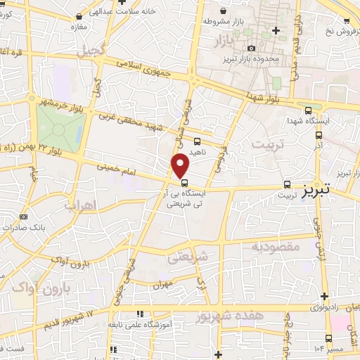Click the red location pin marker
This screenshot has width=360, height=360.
(x=181, y=166)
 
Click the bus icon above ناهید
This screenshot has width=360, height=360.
(x=198, y=141)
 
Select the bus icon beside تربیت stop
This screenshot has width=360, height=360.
(x=286, y=184)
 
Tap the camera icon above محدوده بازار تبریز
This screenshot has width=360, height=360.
(x=252, y=48)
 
